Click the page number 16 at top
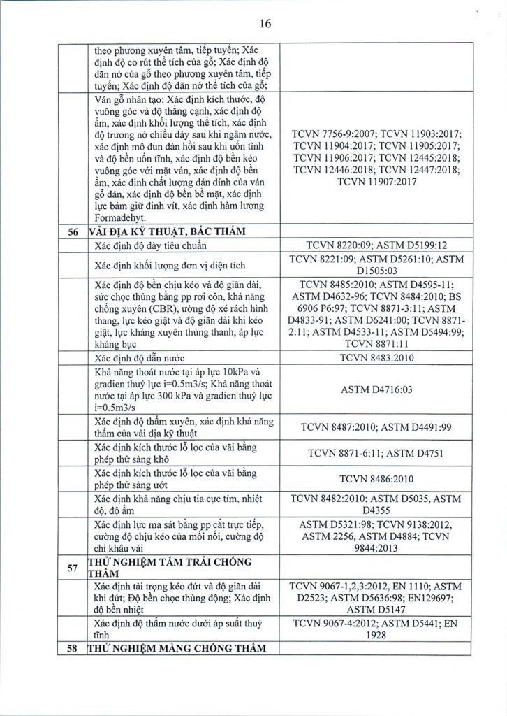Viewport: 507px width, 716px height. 265,23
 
